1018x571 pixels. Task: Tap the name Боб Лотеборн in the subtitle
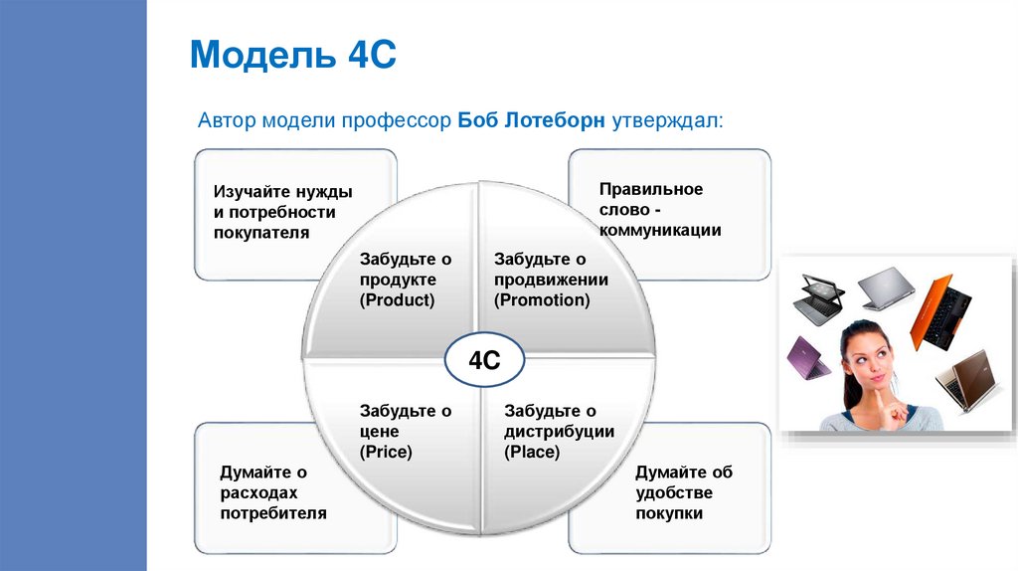click(532, 121)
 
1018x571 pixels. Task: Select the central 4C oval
click(484, 360)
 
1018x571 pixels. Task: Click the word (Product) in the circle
click(398, 299)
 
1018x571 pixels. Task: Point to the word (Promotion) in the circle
click(542, 299)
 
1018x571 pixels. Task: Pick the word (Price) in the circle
click(386, 452)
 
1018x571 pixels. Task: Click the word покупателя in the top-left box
click(261, 233)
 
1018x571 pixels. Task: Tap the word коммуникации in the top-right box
click(660, 230)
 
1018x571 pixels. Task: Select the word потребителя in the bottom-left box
click(273, 513)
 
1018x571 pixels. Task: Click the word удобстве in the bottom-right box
click(674, 492)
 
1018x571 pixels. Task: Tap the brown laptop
click(961, 382)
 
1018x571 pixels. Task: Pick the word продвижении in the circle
click(551, 280)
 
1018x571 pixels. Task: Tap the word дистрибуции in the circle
click(559, 431)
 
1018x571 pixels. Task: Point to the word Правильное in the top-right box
click(651, 188)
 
